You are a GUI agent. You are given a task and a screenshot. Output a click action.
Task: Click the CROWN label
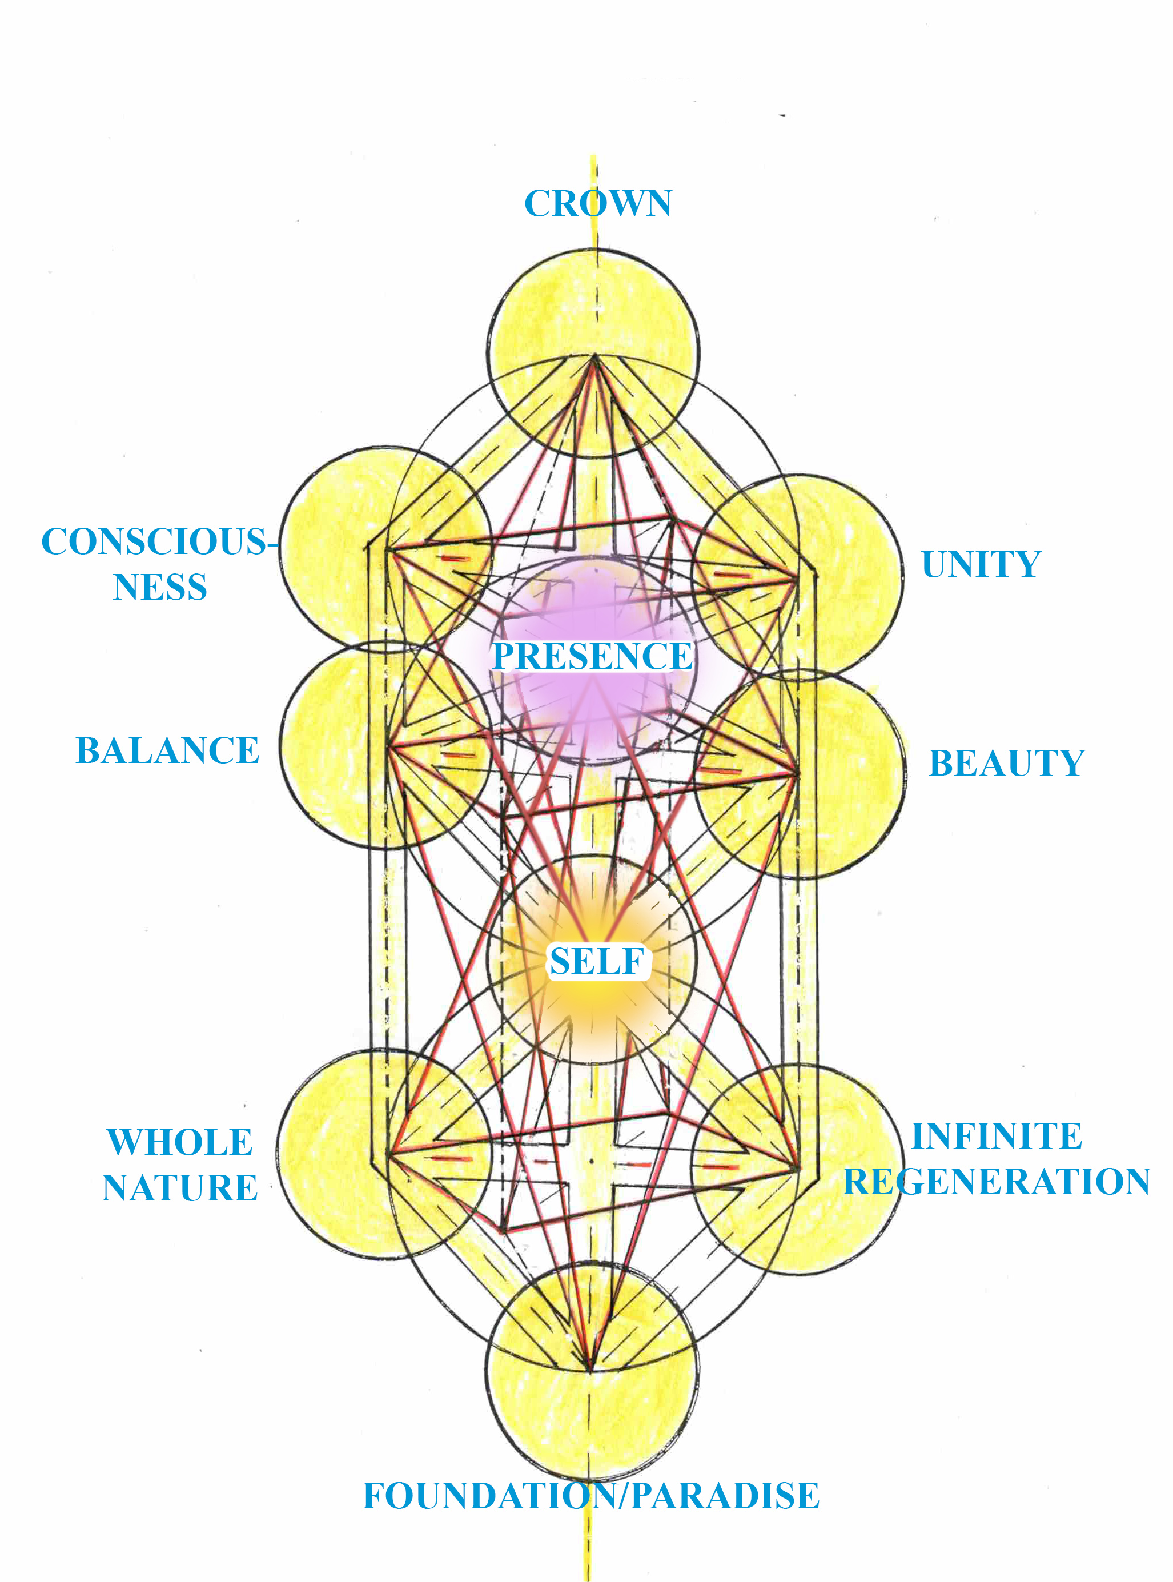pos(598,204)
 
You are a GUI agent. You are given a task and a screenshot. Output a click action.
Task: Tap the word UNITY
pos(981,564)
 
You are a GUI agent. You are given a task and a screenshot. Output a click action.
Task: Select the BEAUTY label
pos(1006,764)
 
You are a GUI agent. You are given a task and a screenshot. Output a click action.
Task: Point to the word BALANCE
pos(167,750)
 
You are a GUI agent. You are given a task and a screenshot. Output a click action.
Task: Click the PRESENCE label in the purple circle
pos(592,656)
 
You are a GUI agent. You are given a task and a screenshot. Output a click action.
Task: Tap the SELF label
pos(597,961)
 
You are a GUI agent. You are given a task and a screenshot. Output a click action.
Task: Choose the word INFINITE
pos(996,1136)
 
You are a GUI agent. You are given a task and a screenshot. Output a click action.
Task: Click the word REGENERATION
pos(996,1182)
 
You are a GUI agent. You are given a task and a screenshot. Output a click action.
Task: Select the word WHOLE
pos(180,1142)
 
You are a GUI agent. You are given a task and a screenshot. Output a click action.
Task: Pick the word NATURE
pos(180,1188)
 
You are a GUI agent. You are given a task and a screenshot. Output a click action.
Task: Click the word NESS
pos(160,587)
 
